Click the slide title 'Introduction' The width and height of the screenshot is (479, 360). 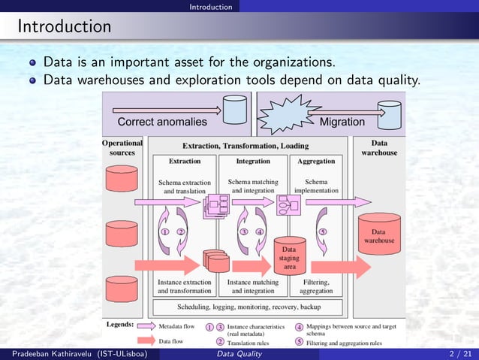point(65,27)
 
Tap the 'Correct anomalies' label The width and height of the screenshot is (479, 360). point(162,122)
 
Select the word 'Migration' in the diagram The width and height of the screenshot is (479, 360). point(342,122)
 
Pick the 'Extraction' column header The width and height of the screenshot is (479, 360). point(184,161)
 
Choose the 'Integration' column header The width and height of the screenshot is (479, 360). point(253,161)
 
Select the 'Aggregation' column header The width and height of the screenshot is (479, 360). point(316,161)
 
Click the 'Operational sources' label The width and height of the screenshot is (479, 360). point(122,147)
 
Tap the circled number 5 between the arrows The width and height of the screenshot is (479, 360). point(322,231)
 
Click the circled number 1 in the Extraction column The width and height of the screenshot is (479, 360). point(164,231)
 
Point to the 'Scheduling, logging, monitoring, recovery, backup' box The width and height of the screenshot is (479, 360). point(249,307)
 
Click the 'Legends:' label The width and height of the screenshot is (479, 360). point(120,325)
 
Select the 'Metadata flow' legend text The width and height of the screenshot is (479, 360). point(176,326)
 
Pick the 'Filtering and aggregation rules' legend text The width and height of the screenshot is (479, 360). point(344,343)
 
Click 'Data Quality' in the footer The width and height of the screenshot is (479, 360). point(239,354)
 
